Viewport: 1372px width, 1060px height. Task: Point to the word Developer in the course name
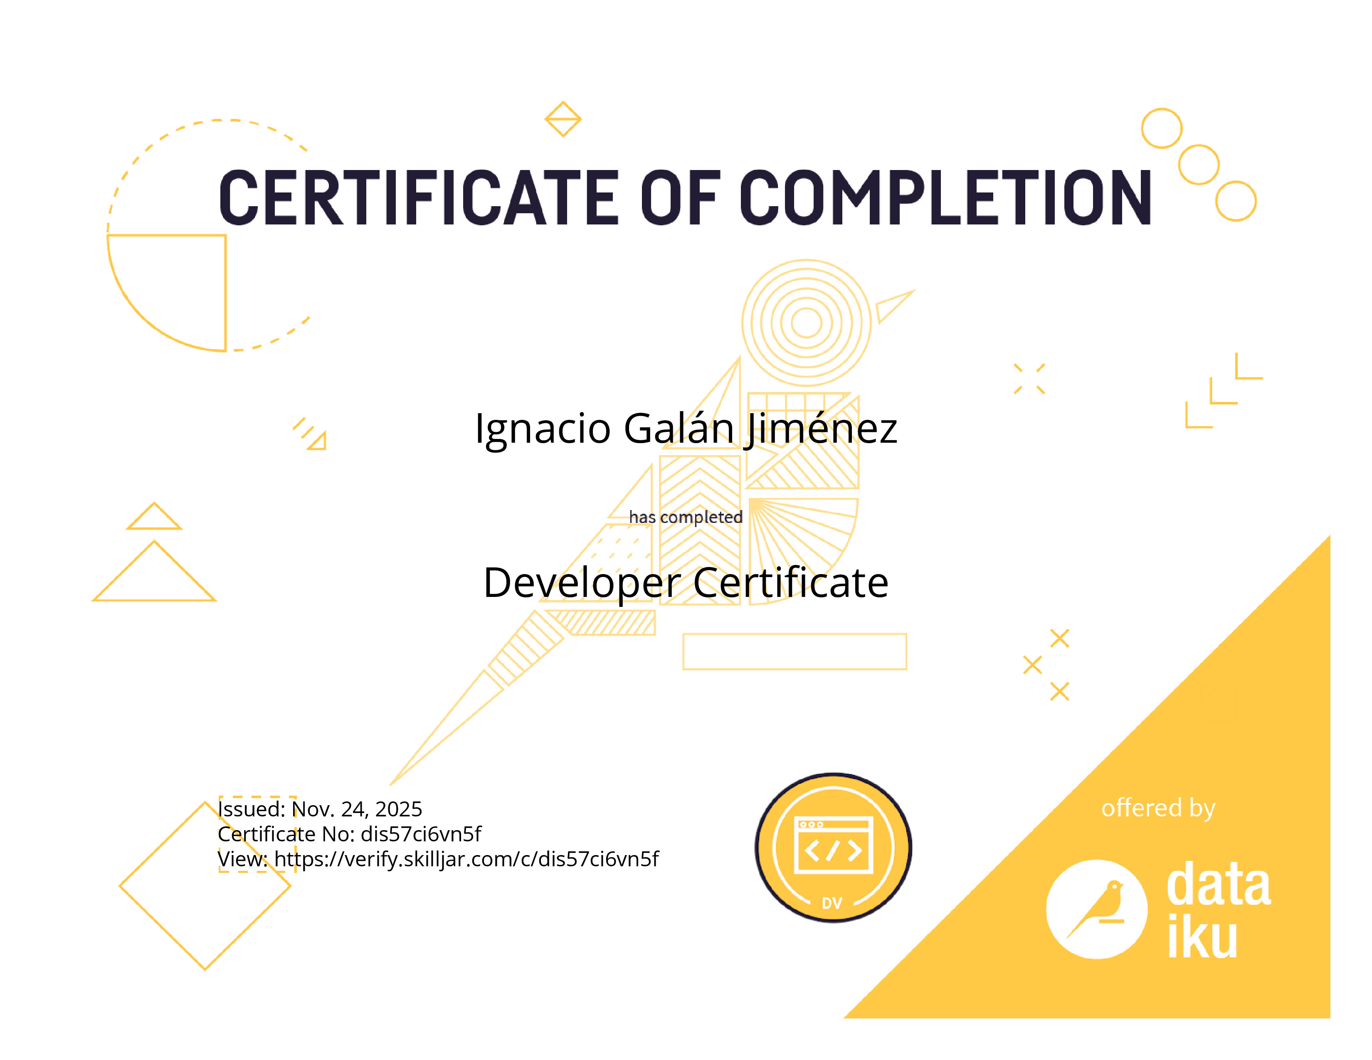pos(582,583)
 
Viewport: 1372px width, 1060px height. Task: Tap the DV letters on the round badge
pos(832,903)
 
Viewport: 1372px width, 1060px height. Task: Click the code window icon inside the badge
pos(834,845)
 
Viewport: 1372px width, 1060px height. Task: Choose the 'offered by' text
pos(1158,808)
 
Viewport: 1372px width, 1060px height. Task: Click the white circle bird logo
pos(1097,909)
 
